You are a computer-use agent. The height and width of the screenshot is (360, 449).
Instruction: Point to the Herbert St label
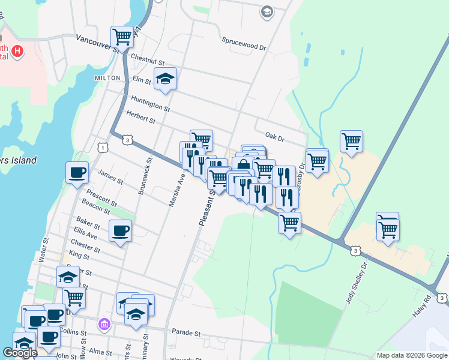coord(140,117)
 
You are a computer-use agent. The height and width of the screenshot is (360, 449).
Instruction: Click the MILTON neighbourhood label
coord(107,78)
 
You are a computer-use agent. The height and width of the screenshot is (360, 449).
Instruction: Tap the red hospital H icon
coord(18,52)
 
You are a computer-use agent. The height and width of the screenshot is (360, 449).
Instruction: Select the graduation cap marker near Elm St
coord(166,79)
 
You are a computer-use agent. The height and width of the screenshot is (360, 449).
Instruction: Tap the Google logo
coord(20,353)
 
